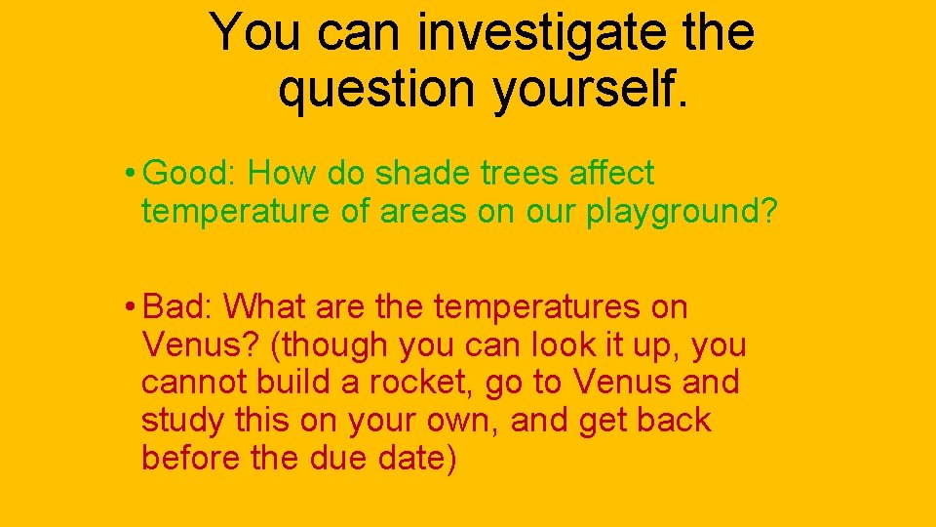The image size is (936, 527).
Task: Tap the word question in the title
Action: click(377, 89)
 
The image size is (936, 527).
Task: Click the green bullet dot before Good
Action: click(131, 175)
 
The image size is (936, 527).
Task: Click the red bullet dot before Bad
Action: click(131, 308)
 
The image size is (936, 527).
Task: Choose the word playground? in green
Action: click(682, 213)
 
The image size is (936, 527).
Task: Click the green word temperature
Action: click(236, 212)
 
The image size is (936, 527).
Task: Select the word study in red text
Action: click(184, 422)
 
